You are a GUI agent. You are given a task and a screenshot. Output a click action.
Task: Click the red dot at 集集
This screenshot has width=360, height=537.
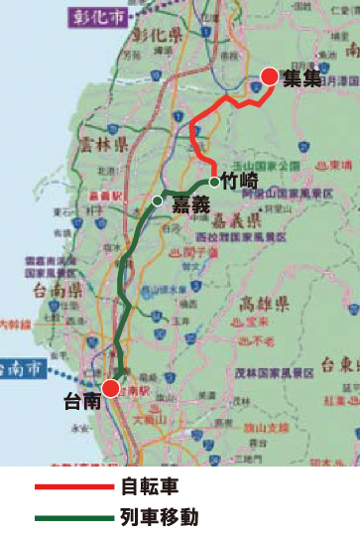click(269, 76)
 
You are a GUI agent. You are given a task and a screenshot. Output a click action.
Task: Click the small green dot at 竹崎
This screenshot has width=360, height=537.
click(214, 182)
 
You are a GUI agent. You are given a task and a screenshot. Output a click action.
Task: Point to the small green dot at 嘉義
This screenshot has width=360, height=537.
click(157, 201)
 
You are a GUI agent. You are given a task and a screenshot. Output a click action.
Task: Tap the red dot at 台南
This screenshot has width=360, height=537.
click(110, 388)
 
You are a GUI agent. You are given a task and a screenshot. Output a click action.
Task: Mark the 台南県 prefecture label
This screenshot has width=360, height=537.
click(56, 290)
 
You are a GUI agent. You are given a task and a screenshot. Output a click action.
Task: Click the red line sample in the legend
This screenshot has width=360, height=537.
click(74, 487)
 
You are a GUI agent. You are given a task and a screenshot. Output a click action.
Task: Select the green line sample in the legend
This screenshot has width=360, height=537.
click(74, 516)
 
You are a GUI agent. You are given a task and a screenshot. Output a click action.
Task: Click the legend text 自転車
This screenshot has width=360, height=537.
click(150, 487)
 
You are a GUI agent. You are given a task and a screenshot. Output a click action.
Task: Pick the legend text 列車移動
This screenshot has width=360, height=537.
click(159, 516)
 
